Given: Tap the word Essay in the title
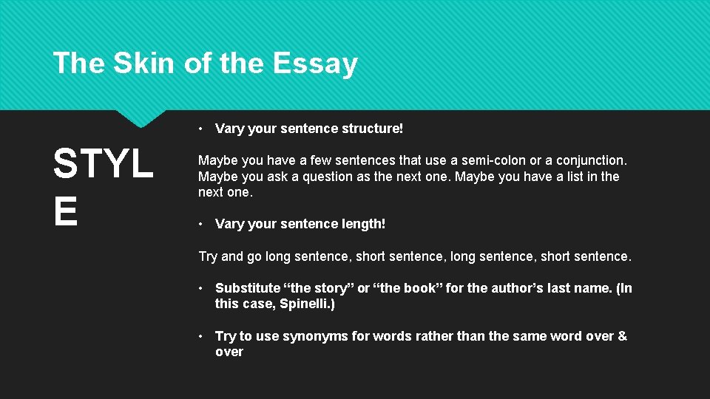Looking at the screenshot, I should coord(315,64).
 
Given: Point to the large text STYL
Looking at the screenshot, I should coord(103,164).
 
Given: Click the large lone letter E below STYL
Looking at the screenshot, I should coord(65,211).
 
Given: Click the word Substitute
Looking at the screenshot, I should coord(248,288).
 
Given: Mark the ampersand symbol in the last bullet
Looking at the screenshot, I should coord(622,336).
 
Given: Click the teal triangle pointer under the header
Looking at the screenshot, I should coord(141,117).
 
